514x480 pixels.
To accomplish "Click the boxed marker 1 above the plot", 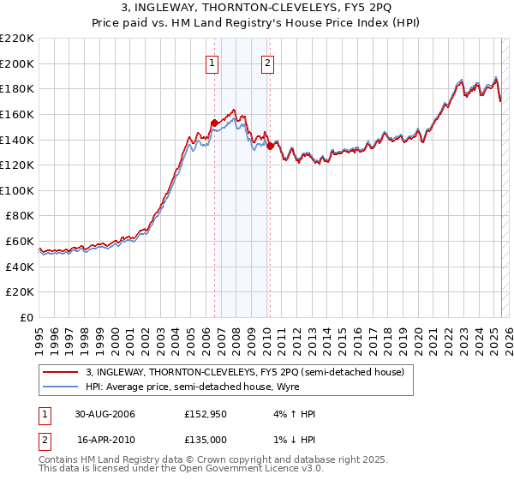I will (211, 62).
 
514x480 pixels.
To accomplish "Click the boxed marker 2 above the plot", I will (268, 62).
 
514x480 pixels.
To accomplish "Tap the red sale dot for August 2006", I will (214, 123).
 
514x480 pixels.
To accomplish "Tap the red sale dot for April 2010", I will (270, 146).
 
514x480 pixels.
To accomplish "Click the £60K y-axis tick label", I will (21, 241).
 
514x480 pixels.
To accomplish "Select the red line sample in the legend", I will (60, 372).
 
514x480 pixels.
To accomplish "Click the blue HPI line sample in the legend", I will (60, 387).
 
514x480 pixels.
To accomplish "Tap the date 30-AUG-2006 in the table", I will (105, 414).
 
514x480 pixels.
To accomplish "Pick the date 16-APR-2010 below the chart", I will (105, 440).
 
